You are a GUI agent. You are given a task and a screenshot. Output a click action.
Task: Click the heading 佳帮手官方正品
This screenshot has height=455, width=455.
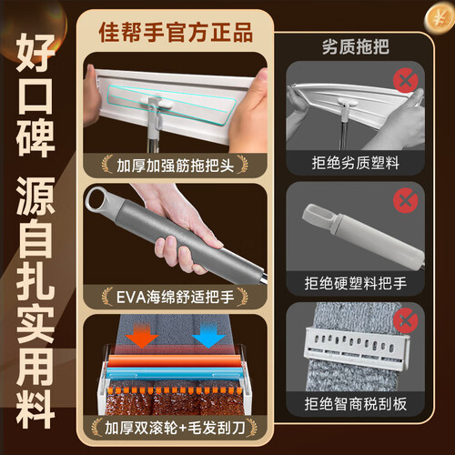pyautogui.click(x=176, y=33)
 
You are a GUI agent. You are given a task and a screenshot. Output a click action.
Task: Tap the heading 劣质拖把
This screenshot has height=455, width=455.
pyautogui.click(x=356, y=47)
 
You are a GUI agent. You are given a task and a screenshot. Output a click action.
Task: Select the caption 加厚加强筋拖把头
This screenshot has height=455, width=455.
pyautogui.click(x=176, y=166)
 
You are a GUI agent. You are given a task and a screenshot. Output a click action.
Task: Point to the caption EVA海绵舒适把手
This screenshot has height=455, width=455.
pyautogui.click(x=176, y=297)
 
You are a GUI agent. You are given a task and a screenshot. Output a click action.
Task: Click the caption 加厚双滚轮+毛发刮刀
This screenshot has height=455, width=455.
pyautogui.click(x=175, y=428)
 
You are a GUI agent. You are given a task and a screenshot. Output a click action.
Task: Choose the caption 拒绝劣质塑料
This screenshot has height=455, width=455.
pyautogui.click(x=356, y=163)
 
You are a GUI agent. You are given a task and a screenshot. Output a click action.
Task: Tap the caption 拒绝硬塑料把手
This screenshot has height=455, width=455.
pyautogui.click(x=356, y=283)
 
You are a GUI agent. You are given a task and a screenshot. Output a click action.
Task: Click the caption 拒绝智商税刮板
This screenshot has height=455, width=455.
pyautogui.click(x=356, y=404)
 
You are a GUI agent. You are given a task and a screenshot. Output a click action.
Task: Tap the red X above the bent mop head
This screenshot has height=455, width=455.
pyautogui.click(x=406, y=80)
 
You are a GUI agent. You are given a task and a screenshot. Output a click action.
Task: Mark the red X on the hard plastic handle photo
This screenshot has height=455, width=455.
pyautogui.click(x=406, y=200)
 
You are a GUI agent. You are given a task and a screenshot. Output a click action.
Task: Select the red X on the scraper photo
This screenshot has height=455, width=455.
pyautogui.click(x=406, y=321)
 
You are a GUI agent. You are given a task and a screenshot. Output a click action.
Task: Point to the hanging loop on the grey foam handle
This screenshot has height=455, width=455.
pyautogui.click(x=97, y=199)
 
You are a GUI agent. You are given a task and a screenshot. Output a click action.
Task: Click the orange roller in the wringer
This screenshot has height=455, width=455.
pyautogui.click(x=176, y=360)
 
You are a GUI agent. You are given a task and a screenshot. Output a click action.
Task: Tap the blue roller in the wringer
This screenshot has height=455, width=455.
pyautogui.click(x=176, y=373)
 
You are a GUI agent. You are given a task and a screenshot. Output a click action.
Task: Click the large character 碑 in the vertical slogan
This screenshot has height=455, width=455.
pyautogui.click(x=35, y=138)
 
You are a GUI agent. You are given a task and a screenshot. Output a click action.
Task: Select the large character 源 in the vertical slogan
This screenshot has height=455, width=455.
pyautogui.click(x=35, y=196)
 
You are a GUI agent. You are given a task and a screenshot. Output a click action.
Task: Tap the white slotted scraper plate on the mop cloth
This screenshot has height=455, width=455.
pyautogui.click(x=356, y=349)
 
